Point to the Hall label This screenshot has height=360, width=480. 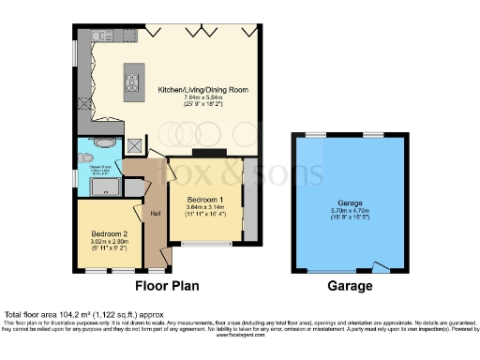[156, 213]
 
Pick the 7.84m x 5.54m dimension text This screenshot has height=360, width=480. [203, 98]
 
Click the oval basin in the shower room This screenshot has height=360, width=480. [103, 143]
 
